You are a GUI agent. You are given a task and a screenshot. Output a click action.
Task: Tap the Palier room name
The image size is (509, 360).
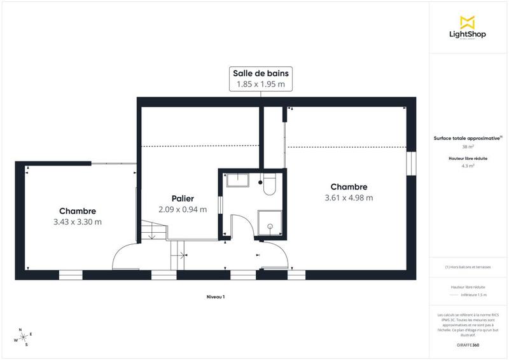coord(182,198)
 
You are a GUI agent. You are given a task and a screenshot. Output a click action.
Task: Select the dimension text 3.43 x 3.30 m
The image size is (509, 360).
coord(78,222)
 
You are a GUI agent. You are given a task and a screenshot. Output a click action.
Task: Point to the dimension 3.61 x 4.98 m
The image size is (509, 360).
coord(348,198)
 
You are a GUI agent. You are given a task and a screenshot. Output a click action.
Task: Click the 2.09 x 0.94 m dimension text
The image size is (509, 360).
coord(182,209)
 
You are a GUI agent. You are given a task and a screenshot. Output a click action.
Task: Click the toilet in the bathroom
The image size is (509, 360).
coord(268,185)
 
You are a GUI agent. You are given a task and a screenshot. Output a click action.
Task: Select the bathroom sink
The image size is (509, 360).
coord(240,181)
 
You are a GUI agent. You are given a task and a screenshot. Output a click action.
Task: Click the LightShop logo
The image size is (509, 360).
coord(468,27)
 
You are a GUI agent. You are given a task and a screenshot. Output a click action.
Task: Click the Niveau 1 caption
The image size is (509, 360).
coord(216,297)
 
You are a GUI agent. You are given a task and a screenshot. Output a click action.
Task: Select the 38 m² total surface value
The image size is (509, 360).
coord(468,147)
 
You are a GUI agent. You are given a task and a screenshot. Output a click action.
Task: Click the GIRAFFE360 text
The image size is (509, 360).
coord(468,345)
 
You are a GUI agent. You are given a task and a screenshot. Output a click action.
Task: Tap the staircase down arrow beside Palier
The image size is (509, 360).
coord(152,236)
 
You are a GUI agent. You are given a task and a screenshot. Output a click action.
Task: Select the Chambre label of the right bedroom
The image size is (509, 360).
coord(348,187)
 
